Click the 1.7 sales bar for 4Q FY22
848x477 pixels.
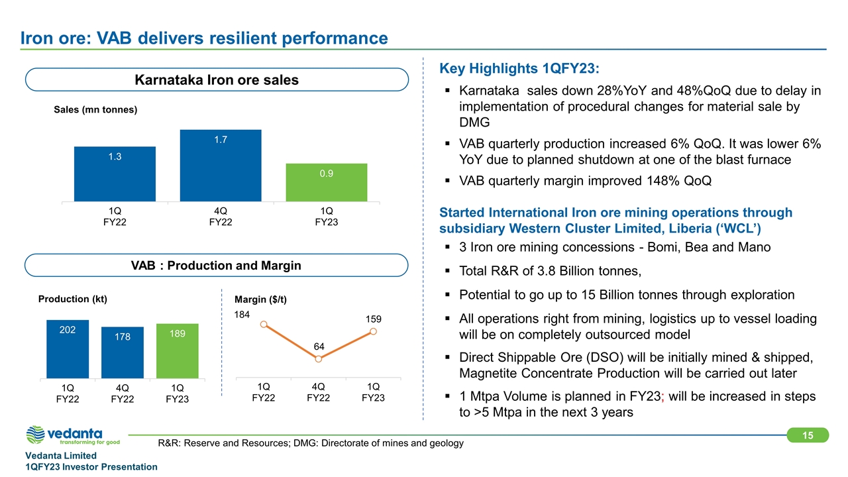(x=221, y=165)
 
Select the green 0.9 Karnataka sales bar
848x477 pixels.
(x=326, y=182)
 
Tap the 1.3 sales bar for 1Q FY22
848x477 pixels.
(x=115, y=174)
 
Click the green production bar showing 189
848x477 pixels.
(x=177, y=351)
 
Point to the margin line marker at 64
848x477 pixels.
(x=319, y=359)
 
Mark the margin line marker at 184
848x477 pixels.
(x=264, y=324)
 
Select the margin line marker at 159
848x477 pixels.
(x=374, y=331)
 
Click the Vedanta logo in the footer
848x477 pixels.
(x=72, y=436)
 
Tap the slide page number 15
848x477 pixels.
(x=808, y=435)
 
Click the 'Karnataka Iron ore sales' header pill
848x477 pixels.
(x=217, y=80)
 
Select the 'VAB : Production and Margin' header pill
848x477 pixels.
(x=217, y=266)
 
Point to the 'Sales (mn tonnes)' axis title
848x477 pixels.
(x=95, y=110)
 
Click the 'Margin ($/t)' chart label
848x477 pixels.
(x=260, y=299)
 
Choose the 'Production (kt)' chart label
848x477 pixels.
(x=72, y=299)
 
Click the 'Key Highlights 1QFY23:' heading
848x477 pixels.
(x=519, y=69)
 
